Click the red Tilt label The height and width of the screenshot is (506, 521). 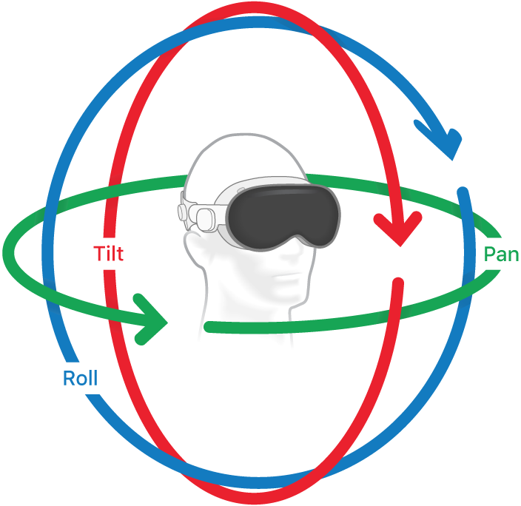108,254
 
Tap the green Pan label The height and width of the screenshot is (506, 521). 501,254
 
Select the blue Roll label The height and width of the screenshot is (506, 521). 80,379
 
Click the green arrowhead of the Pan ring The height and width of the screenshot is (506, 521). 153,319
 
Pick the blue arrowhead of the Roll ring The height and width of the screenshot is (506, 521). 442,140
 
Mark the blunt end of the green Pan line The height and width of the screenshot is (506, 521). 208,327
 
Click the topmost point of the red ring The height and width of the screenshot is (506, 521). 255,8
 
